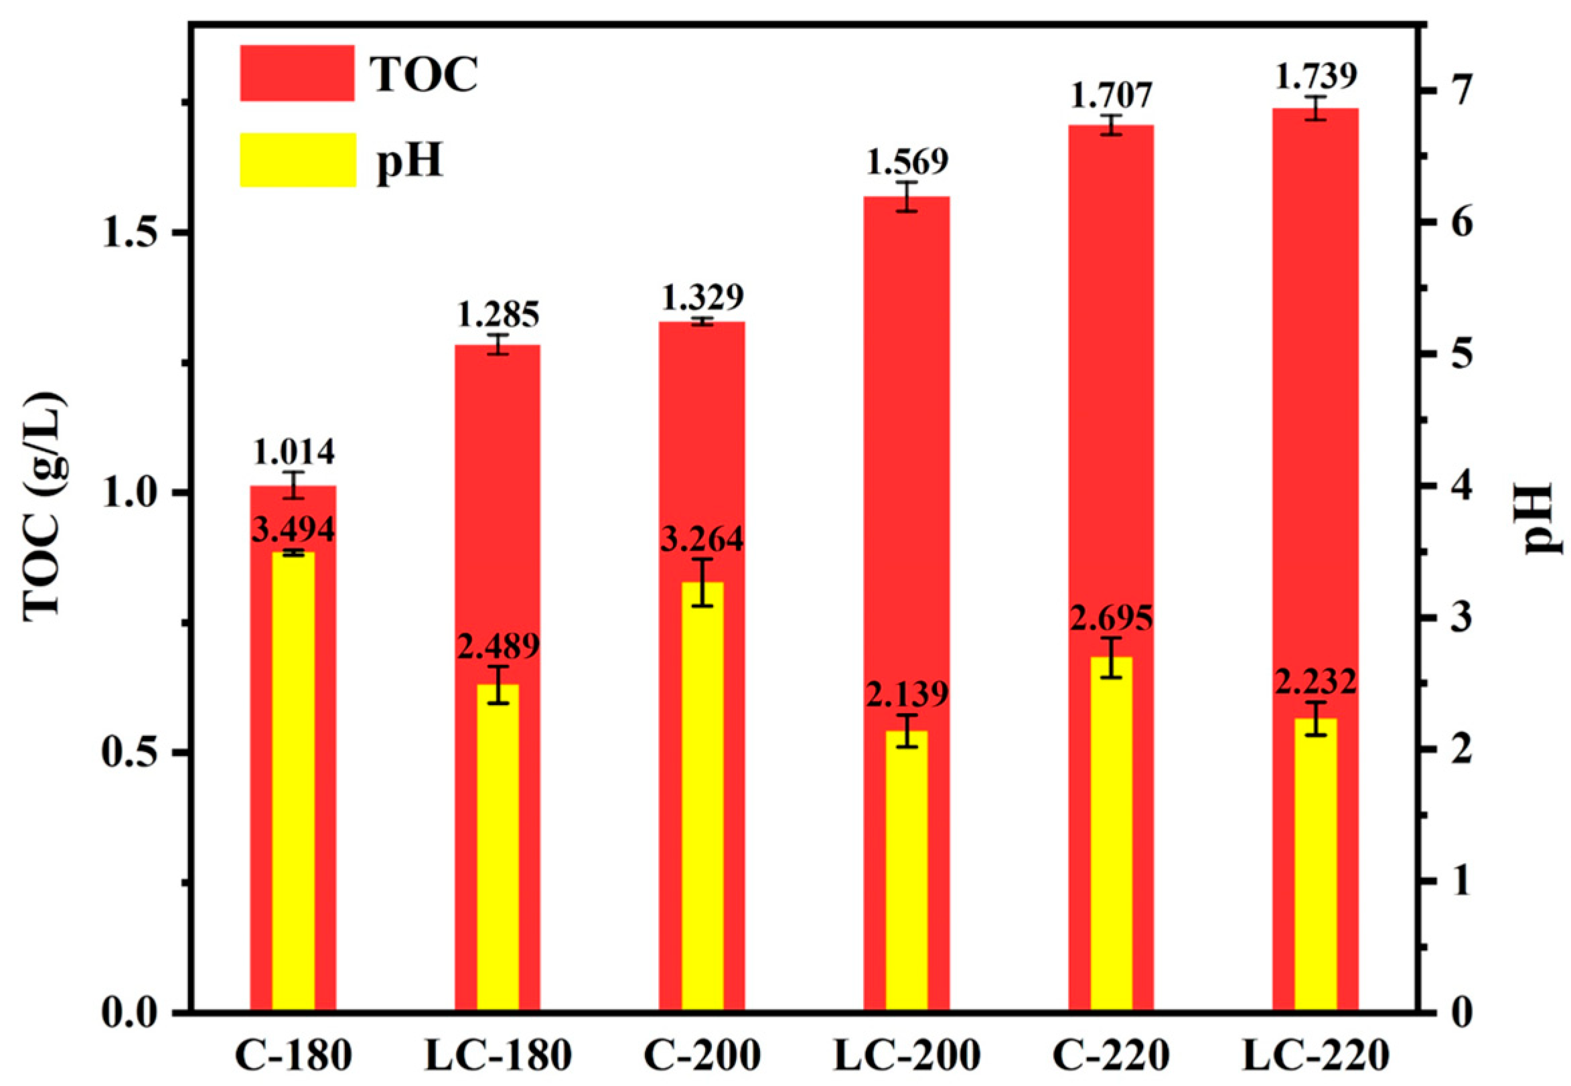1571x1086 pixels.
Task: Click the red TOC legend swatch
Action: pyautogui.click(x=297, y=73)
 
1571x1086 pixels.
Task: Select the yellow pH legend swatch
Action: pyautogui.click(x=297, y=159)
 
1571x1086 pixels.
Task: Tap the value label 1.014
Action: pyautogui.click(x=294, y=451)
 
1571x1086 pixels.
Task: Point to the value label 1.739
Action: pyautogui.click(x=1315, y=78)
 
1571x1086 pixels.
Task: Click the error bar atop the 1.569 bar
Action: pyautogui.click(x=906, y=197)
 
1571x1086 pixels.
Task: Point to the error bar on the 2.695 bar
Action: pyautogui.click(x=1110, y=657)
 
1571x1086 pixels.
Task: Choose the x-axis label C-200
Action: pyautogui.click(x=702, y=1056)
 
